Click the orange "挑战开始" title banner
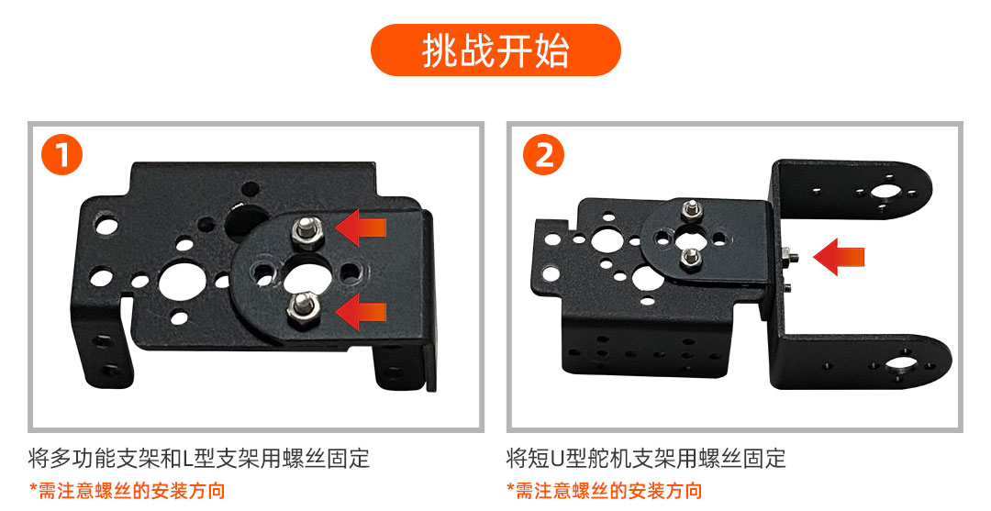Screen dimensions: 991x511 pyautogui.click(x=495, y=50)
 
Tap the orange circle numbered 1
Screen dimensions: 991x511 pyautogui.click(x=62, y=154)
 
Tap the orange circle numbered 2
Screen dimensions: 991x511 pyautogui.click(x=543, y=154)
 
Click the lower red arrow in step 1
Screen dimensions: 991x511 pyautogui.click(x=361, y=311)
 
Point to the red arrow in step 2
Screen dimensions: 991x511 pyautogui.click(x=839, y=257)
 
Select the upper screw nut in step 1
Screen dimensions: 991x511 pyautogui.click(x=307, y=231)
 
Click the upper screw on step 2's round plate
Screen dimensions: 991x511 pyautogui.click(x=693, y=209)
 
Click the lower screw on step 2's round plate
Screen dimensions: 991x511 pyautogui.click(x=690, y=258)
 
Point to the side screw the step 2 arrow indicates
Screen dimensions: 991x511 pyautogui.click(x=789, y=256)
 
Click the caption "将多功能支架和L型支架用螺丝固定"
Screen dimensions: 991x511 pyautogui.click(x=199, y=458)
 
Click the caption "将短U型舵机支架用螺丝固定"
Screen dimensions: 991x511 pyautogui.click(x=646, y=458)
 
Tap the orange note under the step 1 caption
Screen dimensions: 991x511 pyautogui.click(x=127, y=490)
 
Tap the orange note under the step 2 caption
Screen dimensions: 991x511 pyautogui.click(x=604, y=490)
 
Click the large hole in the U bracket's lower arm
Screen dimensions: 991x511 pyautogui.click(x=902, y=364)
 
